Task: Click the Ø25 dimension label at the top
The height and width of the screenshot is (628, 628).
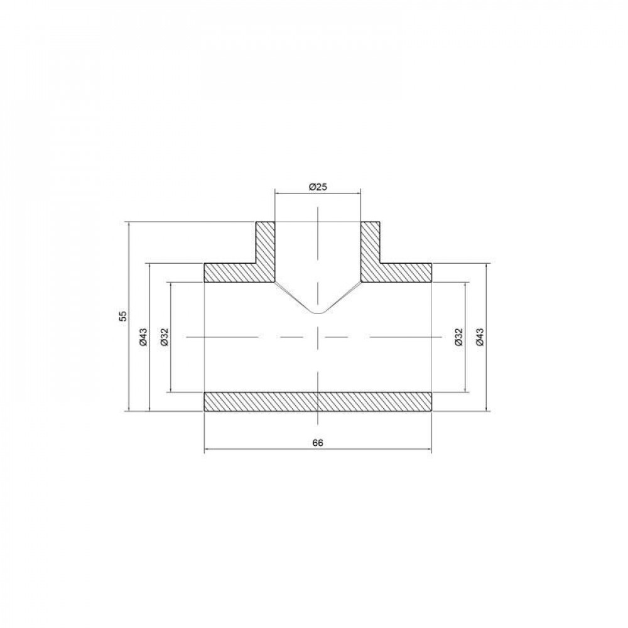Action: [318, 187]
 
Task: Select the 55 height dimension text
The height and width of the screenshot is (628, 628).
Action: [124, 316]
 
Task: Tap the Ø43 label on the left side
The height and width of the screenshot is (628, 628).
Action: [144, 337]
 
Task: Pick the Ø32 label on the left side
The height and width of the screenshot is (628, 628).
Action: [165, 337]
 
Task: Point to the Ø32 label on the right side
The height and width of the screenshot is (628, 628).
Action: [459, 337]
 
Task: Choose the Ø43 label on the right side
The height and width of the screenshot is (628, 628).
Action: [480, 337]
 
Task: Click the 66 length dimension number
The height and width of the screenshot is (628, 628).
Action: [318, 443]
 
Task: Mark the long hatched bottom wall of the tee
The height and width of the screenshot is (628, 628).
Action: [318, 402]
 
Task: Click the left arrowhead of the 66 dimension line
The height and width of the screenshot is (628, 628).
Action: [208, 450]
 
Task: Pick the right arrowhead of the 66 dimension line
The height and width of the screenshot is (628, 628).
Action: [428, 450]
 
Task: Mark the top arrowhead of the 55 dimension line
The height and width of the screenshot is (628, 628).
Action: [129, 225]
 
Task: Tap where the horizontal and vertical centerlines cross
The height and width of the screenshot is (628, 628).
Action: [318, 338]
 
